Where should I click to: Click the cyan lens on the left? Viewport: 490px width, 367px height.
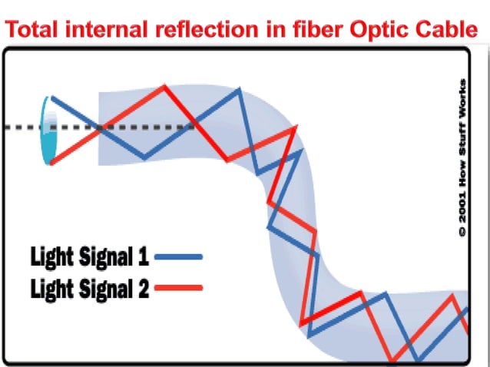[49, 131]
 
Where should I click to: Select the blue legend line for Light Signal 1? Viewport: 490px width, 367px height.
[178, 257]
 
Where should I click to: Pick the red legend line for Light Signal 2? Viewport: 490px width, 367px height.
[178, 288]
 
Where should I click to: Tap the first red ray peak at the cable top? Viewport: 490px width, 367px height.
[164, 87]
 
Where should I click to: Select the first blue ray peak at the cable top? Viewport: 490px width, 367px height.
[240, 89]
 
